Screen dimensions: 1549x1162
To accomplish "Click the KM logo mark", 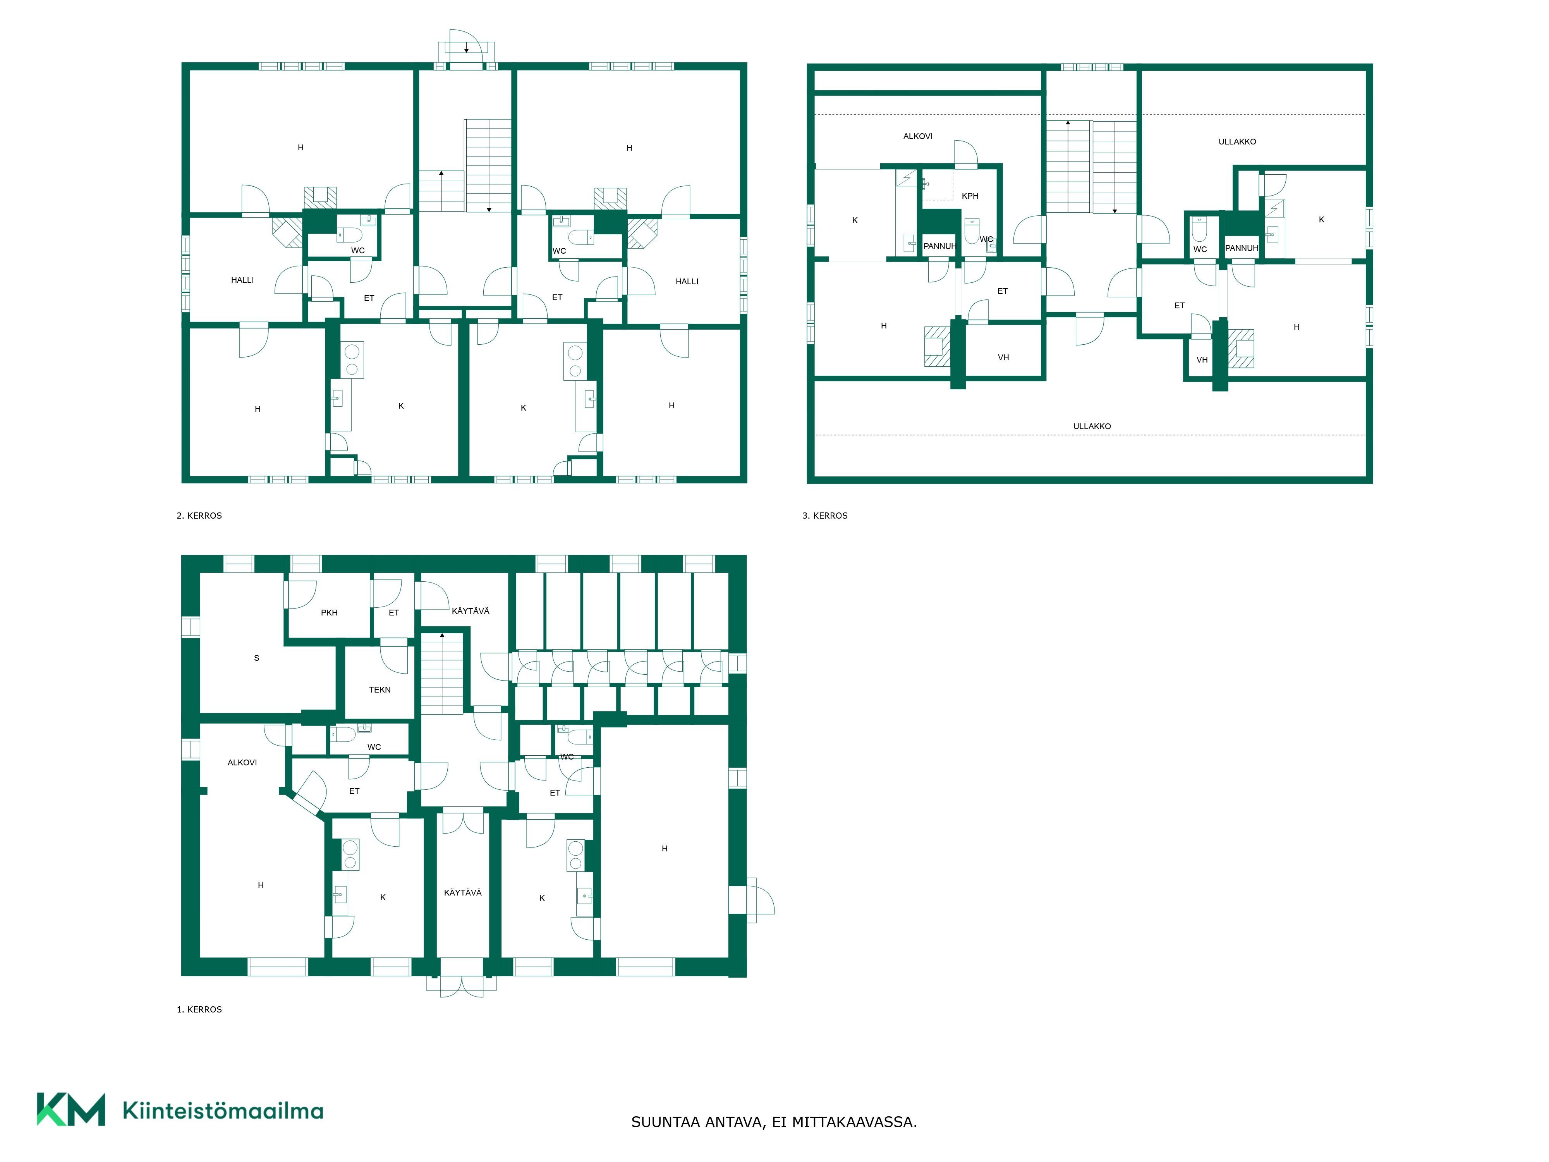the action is coord(71,1109).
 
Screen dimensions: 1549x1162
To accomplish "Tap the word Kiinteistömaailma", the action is coord(223,1111).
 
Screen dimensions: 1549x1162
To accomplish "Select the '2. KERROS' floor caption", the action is coord(199,516).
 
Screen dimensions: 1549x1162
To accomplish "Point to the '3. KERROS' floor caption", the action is coord(825,516).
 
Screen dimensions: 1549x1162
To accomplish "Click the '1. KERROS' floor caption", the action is coord(199,1009).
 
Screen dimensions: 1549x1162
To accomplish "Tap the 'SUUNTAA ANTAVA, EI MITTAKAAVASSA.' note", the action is coord(774,1122).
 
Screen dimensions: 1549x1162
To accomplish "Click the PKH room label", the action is coord(329,613).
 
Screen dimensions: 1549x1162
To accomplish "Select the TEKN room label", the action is coord(380,690).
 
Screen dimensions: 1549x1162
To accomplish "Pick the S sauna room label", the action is coord(256,658).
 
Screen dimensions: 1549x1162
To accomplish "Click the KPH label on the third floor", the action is coord(970,196).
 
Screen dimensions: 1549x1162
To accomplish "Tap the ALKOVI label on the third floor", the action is coord(917,137).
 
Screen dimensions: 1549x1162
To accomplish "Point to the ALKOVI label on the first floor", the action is coord(242,763).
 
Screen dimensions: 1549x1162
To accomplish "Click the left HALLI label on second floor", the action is coord(242,280).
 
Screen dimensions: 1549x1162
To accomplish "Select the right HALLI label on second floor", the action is coord(687,282).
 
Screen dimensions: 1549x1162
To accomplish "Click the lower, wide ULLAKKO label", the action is coord(1092,426).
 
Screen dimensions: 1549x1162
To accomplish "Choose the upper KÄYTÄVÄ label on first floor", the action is coord(471,612).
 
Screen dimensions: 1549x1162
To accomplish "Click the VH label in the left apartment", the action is coord(1003,358).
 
